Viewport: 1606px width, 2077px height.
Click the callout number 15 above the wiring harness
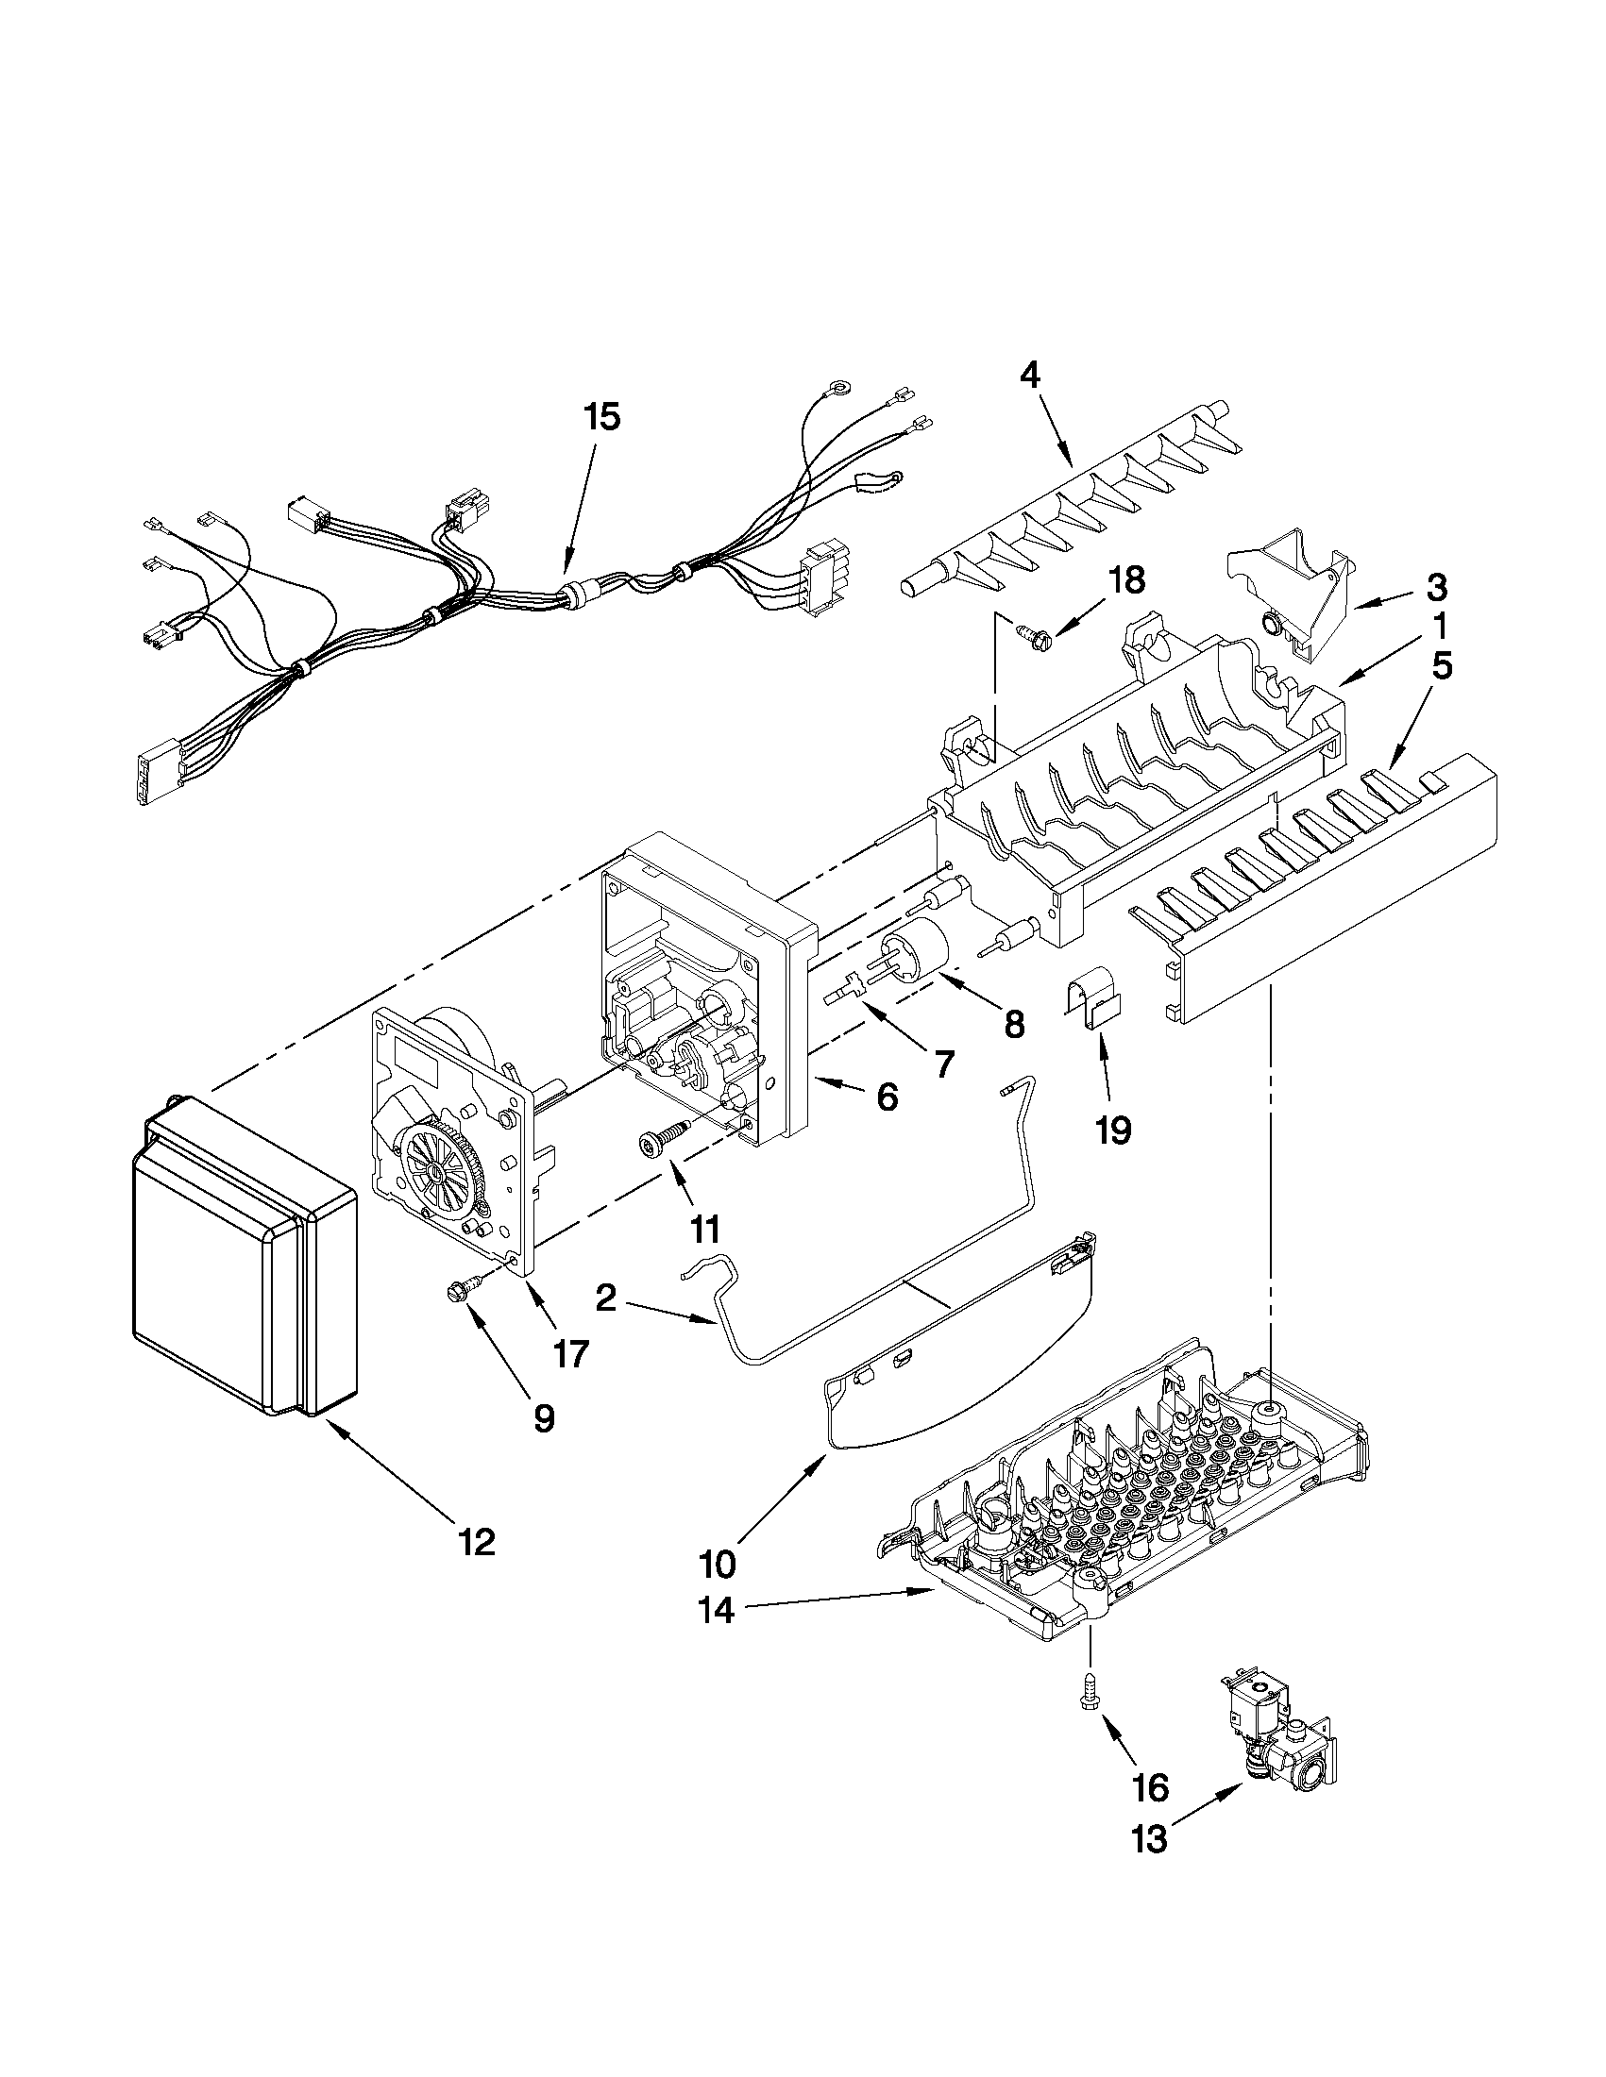[602, 416]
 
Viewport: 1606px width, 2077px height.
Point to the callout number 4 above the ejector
[1029, 376]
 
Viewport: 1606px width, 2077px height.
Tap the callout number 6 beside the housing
[886, 1097]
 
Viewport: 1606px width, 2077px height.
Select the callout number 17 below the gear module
[571, 1352]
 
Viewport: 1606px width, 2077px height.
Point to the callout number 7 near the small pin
[942, 1064]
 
